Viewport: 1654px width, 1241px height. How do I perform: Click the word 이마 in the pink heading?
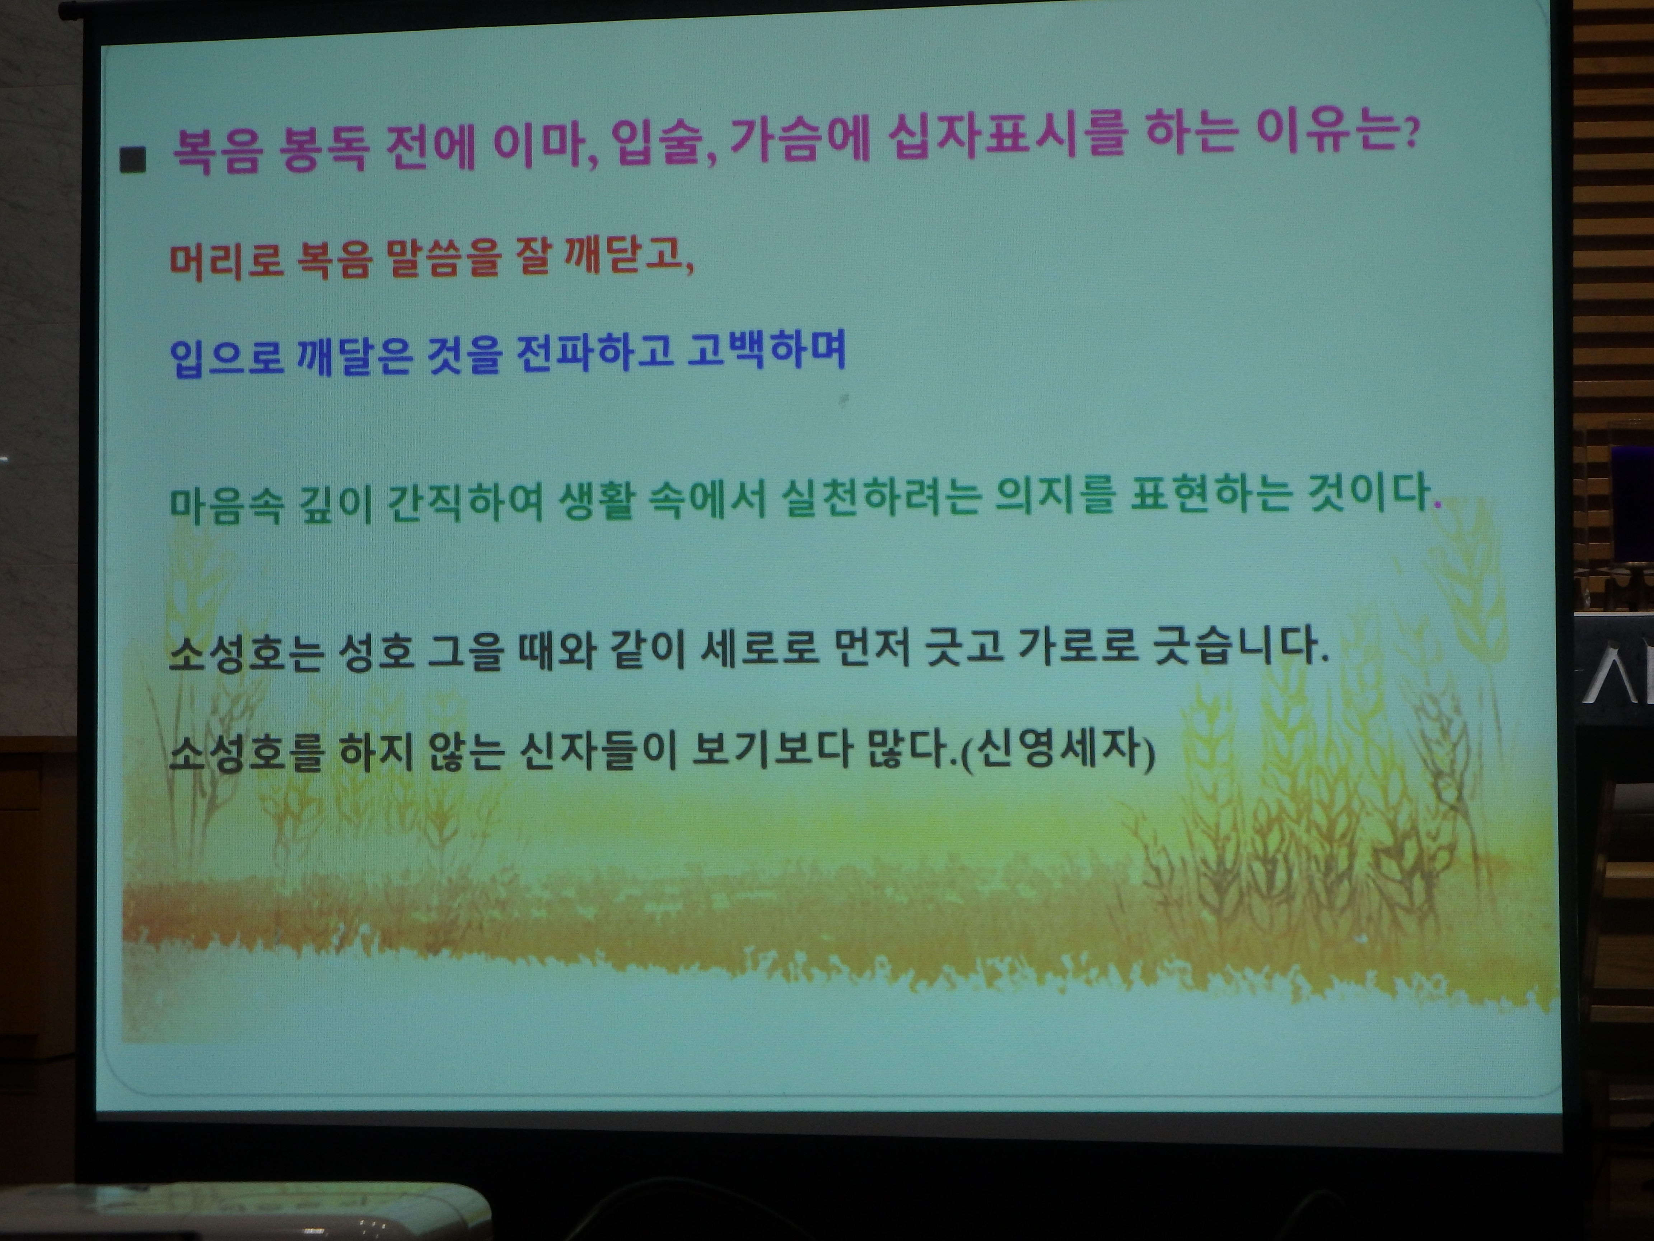click(x=542, y=144)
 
